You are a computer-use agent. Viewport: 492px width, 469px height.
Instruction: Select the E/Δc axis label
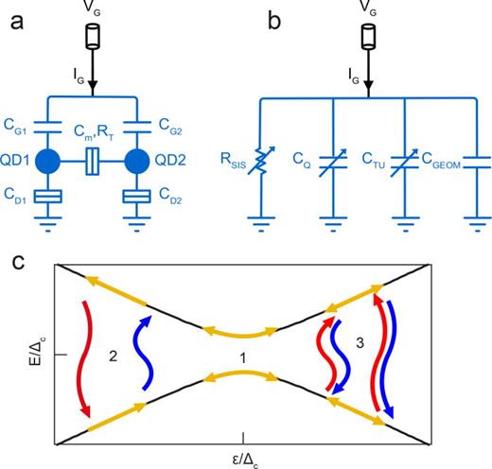(x=31, y=354)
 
